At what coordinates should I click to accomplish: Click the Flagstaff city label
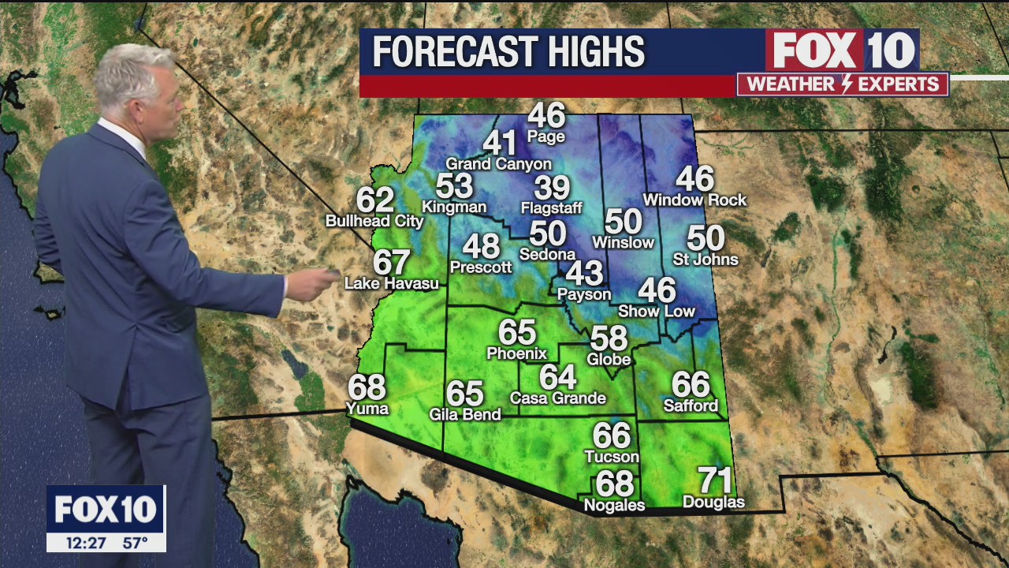(551, 208)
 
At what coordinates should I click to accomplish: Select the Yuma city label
(367, 408)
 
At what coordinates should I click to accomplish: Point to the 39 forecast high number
(551, 188)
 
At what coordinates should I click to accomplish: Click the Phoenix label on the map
(516, 353)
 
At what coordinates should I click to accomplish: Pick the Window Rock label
(694, 200)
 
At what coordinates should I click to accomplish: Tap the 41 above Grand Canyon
(499, 143)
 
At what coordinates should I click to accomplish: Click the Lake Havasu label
(392, 283)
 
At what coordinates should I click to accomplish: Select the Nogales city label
(614, 505)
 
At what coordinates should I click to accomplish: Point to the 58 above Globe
(609, 338)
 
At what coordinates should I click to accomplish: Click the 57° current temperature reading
(135, 543)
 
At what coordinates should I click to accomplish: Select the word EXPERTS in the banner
(899, 84)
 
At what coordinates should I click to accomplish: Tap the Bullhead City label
(374, 222)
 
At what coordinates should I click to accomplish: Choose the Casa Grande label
(557, 398)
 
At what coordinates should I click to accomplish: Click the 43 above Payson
(584, 274)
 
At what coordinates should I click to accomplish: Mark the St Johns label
(706, 259)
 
